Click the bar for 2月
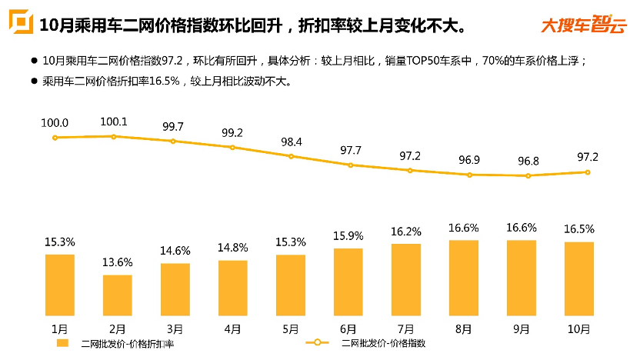(118, 295)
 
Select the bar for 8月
(464, 278)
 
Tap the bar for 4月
(233, 288)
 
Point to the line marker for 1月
(55, 138)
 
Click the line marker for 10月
(588, 172)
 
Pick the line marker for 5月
(291, 156)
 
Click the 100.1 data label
(114, 122)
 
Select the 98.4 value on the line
(292, 142)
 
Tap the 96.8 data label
(527, 162)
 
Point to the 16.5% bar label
(579, 229)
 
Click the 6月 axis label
(348, 329)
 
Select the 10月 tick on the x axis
(579, 329)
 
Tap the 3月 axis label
(175, 329)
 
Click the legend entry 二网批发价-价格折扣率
(123, 343)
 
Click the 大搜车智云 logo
(582, 25)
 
